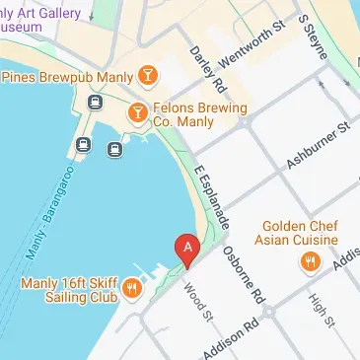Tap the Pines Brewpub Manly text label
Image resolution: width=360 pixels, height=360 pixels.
click(x=63, y=76)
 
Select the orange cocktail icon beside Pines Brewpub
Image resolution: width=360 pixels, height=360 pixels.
click(x=146, y=75)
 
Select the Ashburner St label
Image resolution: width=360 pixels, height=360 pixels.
click(x=318, y=143)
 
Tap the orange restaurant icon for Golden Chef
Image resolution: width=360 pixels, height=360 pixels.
click(x=310, y=261)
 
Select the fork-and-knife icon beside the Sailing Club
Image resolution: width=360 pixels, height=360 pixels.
click(x=132, y=288)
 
